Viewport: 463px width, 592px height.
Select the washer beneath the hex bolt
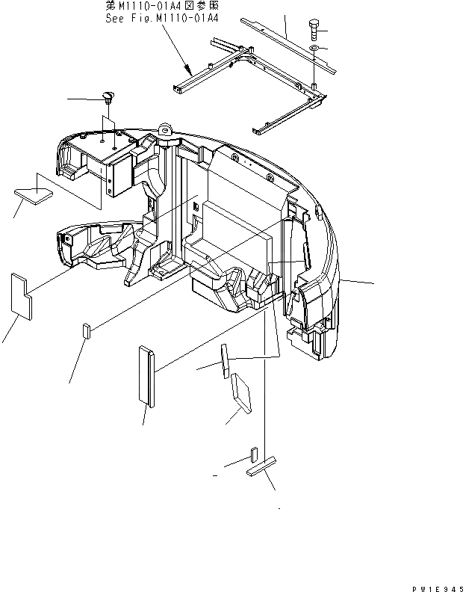point(316,49)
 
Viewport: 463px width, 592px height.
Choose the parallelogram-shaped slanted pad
point(241,393)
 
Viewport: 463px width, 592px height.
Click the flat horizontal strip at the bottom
point(261,469)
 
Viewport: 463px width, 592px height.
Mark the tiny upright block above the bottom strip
point(254,454)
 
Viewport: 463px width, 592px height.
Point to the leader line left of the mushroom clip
point(82,98)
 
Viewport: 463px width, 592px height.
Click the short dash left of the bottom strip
point(215,474)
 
